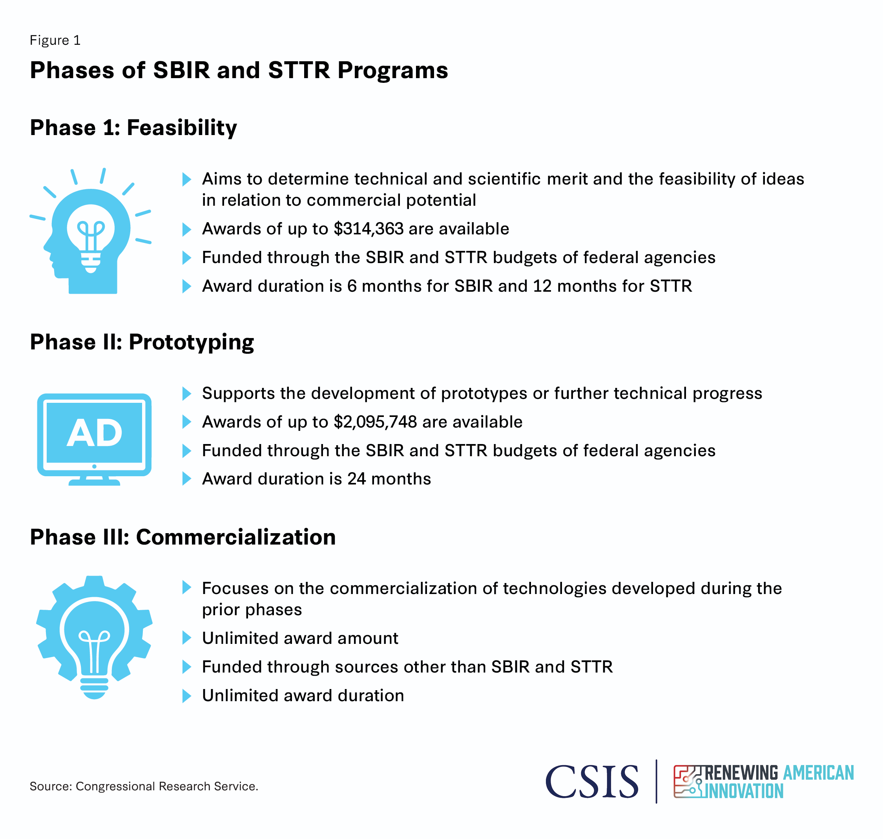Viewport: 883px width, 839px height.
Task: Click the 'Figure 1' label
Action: tap(55, 40)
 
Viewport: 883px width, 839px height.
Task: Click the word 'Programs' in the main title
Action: tap(392, 71)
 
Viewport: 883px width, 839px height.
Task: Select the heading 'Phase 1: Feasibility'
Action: tap(133, 128)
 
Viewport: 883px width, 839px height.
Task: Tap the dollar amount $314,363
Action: tap(369, 229)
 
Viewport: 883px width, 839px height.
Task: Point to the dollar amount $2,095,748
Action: tap(376, 422)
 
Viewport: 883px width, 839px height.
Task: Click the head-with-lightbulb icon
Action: tap(90, 231)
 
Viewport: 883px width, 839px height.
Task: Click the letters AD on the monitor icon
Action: tap(94, 433)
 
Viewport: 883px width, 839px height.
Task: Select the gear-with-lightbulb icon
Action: tap(94, 637)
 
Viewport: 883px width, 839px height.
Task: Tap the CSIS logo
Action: tap(592, 782)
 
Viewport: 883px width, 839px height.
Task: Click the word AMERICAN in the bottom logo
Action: tap(819, 773)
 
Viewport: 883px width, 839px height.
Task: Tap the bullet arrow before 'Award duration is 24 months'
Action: tap(187, 479)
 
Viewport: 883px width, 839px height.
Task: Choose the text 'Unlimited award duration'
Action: tap(303, 696)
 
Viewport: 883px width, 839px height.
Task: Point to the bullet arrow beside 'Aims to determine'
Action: tap(187, 180)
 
